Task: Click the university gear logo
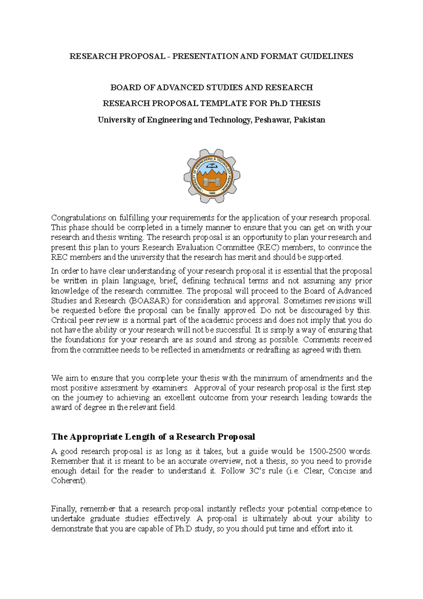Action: pyautogui.click(x=212, y=175)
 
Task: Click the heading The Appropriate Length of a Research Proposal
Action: pyautogui.click(x=153, y=437)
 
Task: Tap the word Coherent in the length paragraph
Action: pyautogui.click(x=68, y=481)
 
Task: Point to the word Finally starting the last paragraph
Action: pyautogui.click(x=63, y=509)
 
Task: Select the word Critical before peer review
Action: pyautogui.click(x=64, y=321)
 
